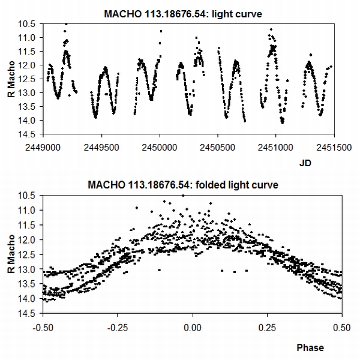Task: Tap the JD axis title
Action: coord(306,163)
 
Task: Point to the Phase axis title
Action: coord(310,347)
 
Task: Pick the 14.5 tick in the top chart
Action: coord(30,134)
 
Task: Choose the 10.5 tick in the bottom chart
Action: coord(30,195)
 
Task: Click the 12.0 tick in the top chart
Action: coord(30,65)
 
